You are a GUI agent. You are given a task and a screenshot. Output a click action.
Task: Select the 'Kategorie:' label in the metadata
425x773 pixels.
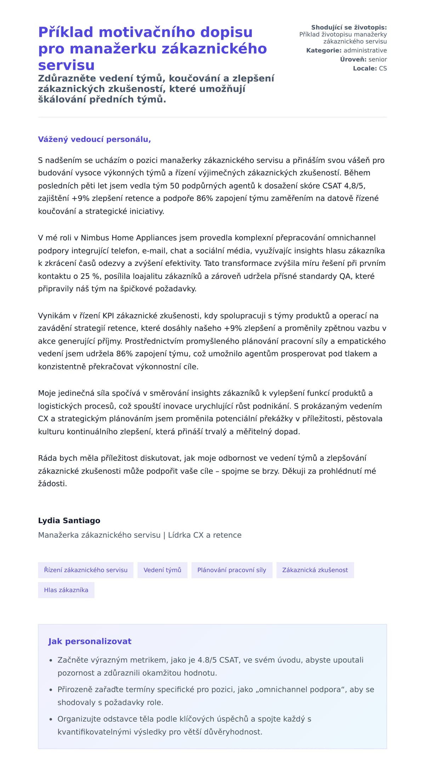(x=324, y=51)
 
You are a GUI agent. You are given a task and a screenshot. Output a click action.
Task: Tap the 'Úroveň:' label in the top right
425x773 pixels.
(x=353, y=59)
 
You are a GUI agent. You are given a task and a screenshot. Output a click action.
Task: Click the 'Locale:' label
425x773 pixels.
(x=365, y=68)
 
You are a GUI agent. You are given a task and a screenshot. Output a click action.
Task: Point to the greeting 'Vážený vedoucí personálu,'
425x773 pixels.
(x=95, y=139)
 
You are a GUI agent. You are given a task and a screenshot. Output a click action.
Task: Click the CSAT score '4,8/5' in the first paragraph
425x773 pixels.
(x=355, y=186)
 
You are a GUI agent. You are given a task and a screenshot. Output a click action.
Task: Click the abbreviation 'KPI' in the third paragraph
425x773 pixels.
(x=108, y=316)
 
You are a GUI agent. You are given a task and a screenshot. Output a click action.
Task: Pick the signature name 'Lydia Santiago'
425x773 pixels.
(x=69, y=521)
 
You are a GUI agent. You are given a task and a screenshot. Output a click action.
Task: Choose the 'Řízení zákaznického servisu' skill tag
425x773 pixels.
(x=86, y=570)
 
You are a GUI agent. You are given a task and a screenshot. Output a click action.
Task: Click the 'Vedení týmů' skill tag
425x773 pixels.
(x=162, y=570)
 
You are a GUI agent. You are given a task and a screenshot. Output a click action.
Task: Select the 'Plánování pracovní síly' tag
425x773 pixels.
(x=232, y=570)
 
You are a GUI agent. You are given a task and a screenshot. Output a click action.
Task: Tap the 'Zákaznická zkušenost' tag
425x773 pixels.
(x=315, y=570)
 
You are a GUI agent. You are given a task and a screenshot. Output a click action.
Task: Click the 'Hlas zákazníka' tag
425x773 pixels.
(x=66, y=590)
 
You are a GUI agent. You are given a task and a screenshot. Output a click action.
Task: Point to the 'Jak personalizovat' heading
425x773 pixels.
(x=90, y=641)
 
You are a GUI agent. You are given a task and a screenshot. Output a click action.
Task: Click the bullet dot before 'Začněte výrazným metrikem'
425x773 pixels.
(x=51, y=660)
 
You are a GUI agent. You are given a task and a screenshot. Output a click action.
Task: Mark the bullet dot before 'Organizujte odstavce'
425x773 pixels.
(x=51, y=720)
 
